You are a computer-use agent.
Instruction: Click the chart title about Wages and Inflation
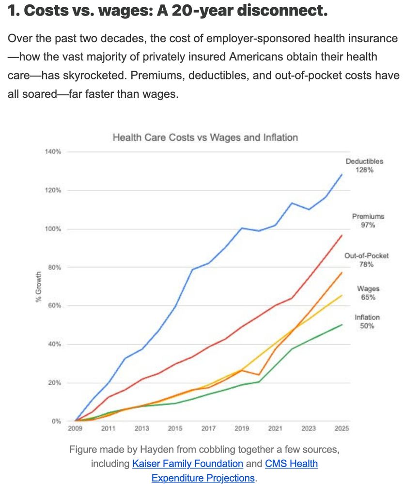tap(205, 137)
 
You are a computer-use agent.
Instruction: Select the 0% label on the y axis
tap(57, 421)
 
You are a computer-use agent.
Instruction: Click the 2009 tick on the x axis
tap(75, 428)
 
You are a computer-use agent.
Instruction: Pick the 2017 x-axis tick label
tap(208, 428)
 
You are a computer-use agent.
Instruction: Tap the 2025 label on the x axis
tap(341, 428)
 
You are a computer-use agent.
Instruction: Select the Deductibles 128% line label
tap(364, 166)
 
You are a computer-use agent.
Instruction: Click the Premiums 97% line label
tap(368, 221)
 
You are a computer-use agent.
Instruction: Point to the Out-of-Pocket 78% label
tap(366, 260)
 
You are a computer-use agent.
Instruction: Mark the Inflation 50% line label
tap(367, 322)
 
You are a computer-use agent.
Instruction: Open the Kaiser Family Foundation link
tap(187, 464)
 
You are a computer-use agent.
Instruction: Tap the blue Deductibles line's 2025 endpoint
tap(342, 175)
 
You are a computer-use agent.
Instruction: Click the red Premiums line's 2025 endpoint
tap(342, 235)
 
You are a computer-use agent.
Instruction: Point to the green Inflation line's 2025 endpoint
tap(342, 325)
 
